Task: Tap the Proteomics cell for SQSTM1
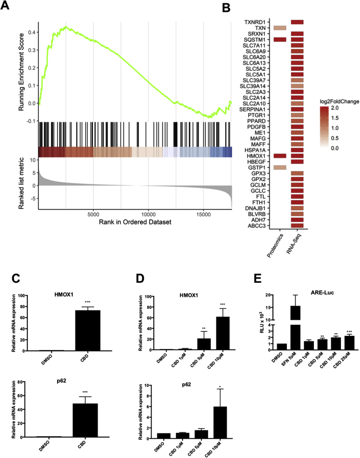coord(280,40)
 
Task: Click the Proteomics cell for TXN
coord(280,28)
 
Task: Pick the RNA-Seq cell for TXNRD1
coord(297,22)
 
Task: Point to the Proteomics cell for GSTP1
coord(280,167)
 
